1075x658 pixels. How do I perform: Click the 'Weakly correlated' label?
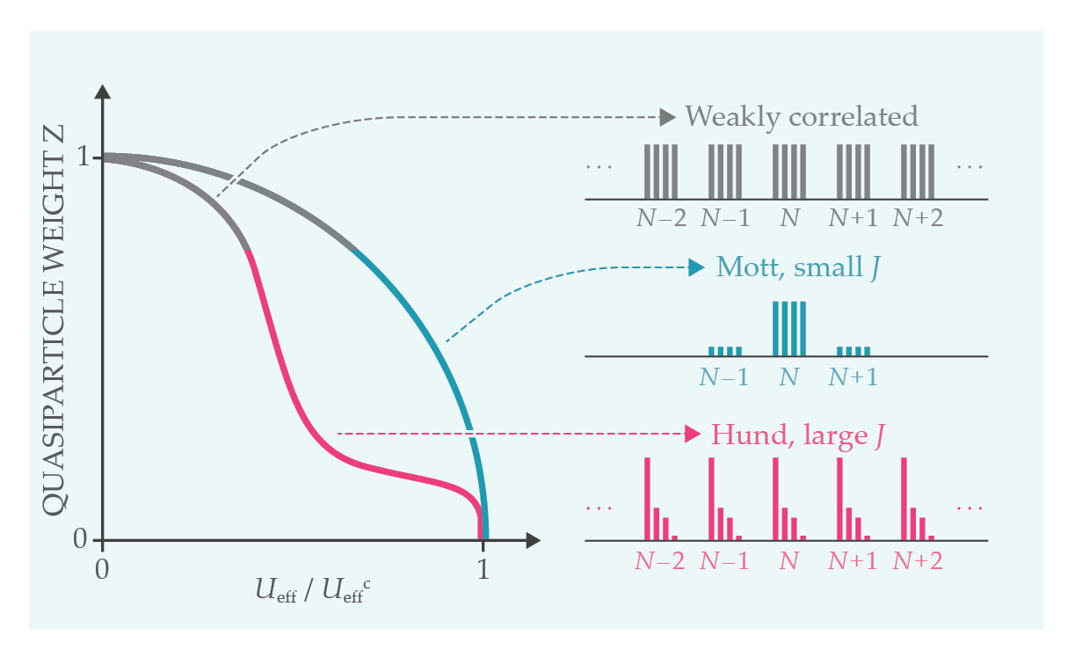click(x=801, y=116)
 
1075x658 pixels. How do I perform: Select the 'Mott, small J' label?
click(x=797, y=267)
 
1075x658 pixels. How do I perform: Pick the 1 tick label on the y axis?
click(x=84, y=158)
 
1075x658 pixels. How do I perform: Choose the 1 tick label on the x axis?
click(x=483, y=569)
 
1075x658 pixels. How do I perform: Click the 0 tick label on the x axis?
click(x=103, y=569)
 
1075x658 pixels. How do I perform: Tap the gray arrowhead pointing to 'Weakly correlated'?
click(x=668, y=116)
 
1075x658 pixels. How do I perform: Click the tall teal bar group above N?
click(x=788, y=328)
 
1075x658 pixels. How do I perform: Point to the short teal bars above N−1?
click(x=725, y=351)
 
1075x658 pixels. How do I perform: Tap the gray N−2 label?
click(x=661, y=217)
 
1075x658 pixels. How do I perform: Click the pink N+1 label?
click(x=853, y=560)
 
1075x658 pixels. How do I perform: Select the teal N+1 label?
click(x=853, y=377)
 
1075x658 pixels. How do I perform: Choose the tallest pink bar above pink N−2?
click(x=648, y=498)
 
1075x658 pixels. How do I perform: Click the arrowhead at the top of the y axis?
click(x=103, y=91)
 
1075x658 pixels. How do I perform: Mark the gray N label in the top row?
click(x=789, y=217)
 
